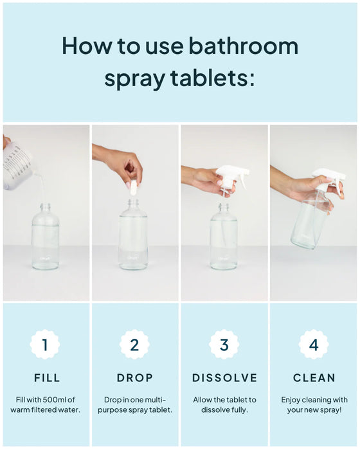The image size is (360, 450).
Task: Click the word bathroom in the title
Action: tap(244, 46)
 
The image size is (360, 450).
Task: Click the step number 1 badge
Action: tap(45, 345)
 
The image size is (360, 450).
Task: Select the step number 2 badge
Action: tap(134, 345)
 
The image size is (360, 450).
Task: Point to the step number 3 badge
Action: tap(224, 345)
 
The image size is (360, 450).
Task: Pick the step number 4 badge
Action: tap(314, 345)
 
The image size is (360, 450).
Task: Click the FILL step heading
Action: tap(47, 378)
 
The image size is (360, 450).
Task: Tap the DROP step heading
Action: tap(134, 378)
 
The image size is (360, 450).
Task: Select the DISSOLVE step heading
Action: tap(224, 378)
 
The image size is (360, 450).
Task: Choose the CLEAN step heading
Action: tap(314, 378)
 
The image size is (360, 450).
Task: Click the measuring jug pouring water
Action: tap(17, 166)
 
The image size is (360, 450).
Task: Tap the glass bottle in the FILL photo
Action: tap(46, 236)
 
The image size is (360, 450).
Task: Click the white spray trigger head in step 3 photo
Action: tap(231, 177)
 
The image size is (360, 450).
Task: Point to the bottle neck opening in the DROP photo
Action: tap(133, 203)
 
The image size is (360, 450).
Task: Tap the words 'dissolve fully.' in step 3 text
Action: tap(224, 410)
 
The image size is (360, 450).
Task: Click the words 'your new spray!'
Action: tap(314, 410)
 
